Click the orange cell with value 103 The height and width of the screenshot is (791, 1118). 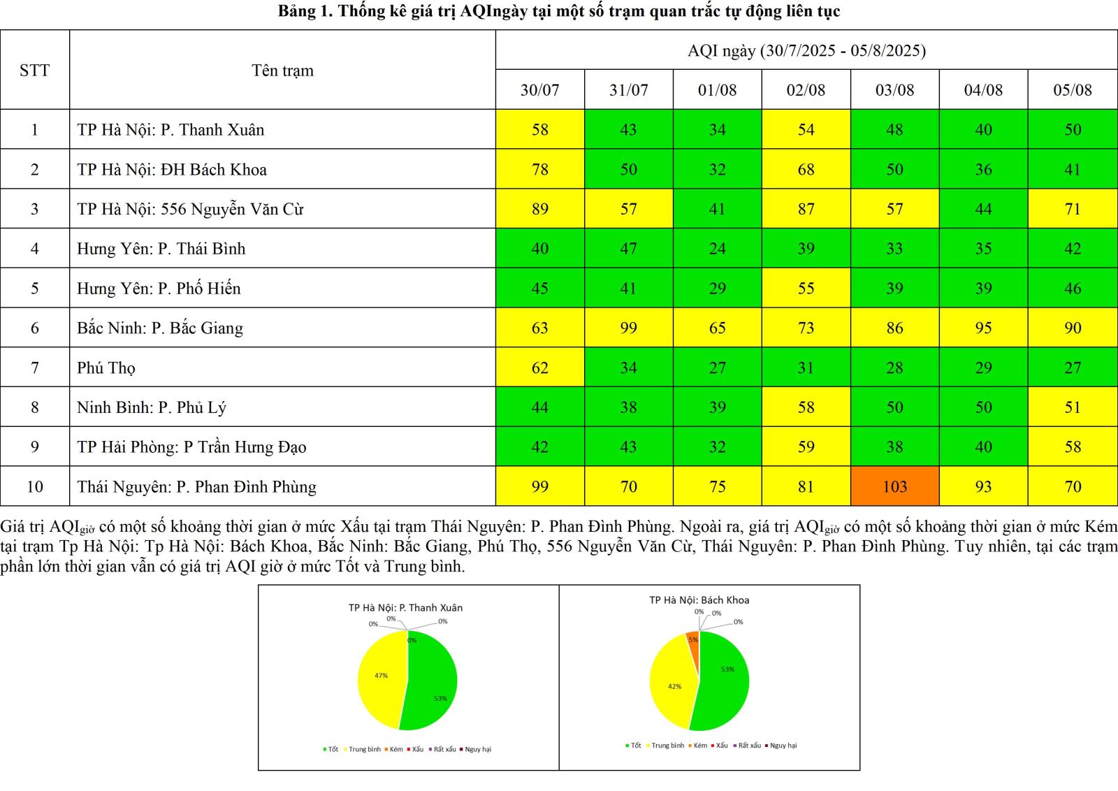click(x=894, y=486)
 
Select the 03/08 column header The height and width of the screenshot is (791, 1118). click(x=894, y=90)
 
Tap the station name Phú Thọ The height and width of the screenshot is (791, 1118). click(x=106, y=368)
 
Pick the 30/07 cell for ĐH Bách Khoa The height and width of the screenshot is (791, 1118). click(x=539, y=169)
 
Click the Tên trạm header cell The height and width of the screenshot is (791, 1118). click(x=282, y=71)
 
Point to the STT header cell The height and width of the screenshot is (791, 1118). click(x=34, y=71)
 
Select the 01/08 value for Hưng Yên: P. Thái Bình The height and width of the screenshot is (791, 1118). click(x=717, y=249)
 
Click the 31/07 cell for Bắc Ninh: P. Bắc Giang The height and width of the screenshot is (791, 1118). click(x=628, y=328)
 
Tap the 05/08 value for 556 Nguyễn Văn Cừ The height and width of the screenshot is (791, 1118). click(x=1073, y=209)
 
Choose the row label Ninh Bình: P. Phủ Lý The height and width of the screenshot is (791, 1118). click(x=152, y=407)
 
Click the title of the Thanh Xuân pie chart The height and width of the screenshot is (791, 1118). click(x=405, y=608)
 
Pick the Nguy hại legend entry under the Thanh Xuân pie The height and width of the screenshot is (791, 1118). click(x=477, y=749)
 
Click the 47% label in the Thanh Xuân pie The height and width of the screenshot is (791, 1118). click(x=381, y=676)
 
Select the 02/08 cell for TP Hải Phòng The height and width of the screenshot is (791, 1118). click(x=806, y=447)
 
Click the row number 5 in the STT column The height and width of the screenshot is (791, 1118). click(x=34, y=289)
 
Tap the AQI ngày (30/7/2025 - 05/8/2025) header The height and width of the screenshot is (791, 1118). click(x=806, y=50)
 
